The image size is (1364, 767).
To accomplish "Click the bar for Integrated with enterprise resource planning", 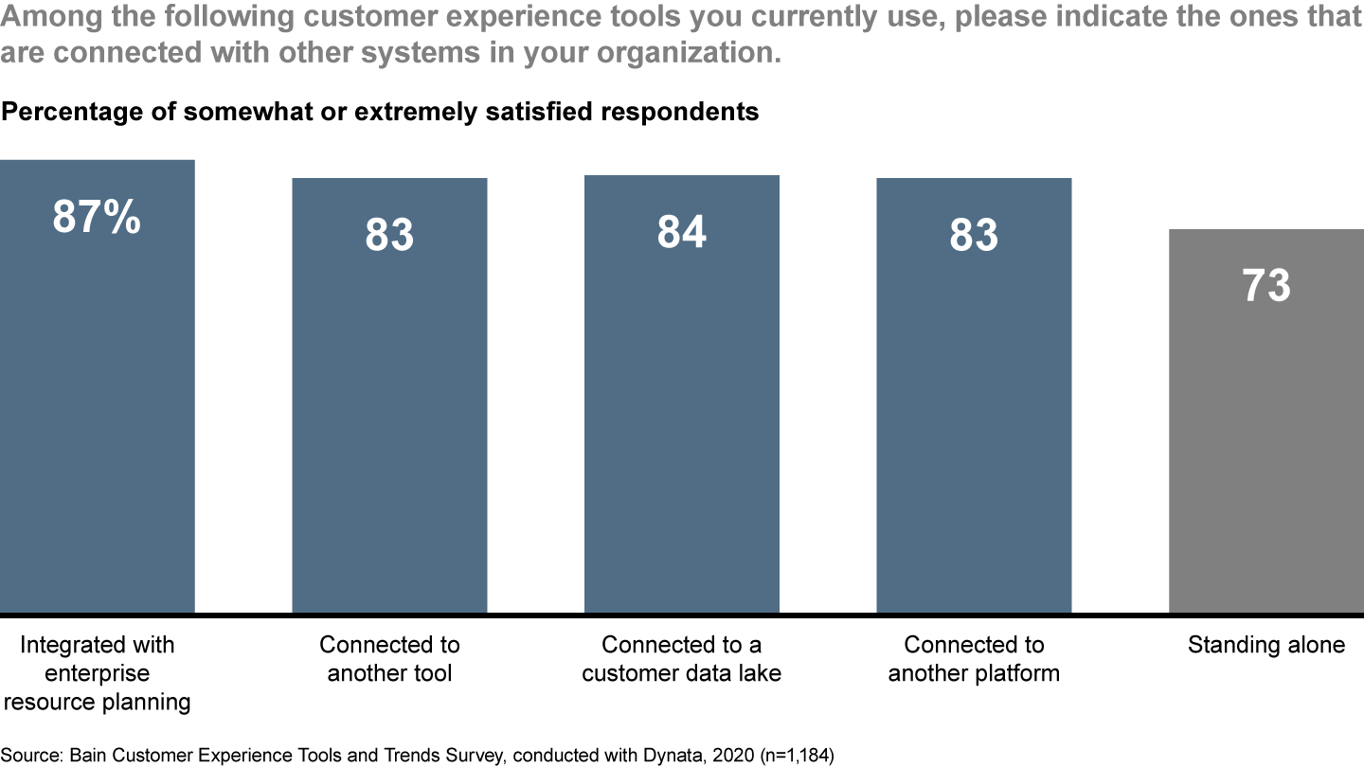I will point(97,398).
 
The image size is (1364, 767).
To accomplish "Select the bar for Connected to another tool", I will point(389,407).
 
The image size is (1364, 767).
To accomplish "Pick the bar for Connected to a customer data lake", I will point(681,407).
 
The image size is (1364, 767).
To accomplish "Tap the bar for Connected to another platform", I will point(974,407).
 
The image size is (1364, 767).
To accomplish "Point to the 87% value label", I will point(97,217).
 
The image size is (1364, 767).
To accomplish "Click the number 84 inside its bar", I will point(681,232).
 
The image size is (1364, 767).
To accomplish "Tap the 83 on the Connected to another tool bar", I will point(389,235).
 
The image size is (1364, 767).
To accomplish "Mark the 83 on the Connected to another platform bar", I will point(974,235).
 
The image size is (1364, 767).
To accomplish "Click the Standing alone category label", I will point(1265,645).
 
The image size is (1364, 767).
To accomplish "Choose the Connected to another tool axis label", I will point(389,659).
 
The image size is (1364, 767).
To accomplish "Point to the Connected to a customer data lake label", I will point(681,659).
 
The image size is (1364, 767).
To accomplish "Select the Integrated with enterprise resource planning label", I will point(97,673).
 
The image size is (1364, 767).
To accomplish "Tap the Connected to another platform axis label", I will point(974,659).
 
